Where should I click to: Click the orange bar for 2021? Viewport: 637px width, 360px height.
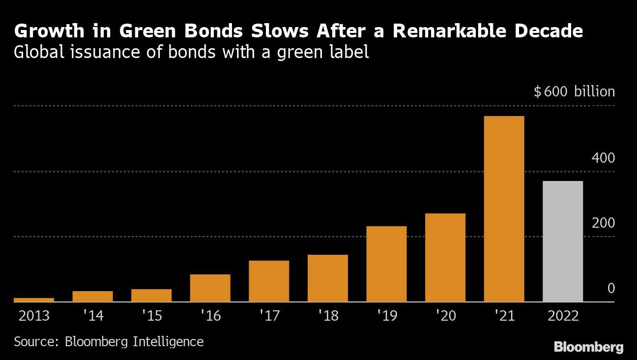[504, 209]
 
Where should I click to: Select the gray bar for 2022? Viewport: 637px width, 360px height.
[563, 241]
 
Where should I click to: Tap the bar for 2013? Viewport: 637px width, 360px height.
[34, 300]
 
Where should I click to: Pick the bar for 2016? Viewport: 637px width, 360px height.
[210, 288]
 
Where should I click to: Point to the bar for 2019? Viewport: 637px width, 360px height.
[386, 264]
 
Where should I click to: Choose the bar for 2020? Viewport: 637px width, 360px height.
[445, 257]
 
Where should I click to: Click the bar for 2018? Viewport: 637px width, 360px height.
[327, 278]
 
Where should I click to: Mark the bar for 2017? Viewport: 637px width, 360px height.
[269, 281]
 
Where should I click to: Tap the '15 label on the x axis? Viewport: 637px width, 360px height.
[151, 316]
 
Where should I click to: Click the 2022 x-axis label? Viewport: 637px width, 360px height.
[563, 316]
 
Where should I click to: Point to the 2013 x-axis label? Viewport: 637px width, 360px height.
[34, 316]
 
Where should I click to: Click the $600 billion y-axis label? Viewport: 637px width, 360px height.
[574, 92]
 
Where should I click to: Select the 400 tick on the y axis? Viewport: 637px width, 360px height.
[604, 158]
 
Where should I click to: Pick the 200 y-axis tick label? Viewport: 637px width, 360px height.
[604, 223]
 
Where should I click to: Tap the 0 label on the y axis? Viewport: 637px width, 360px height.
[611, 288]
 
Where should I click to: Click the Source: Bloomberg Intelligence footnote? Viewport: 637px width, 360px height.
[109, 341]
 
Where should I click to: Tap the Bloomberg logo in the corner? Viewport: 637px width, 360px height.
[588, 347]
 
